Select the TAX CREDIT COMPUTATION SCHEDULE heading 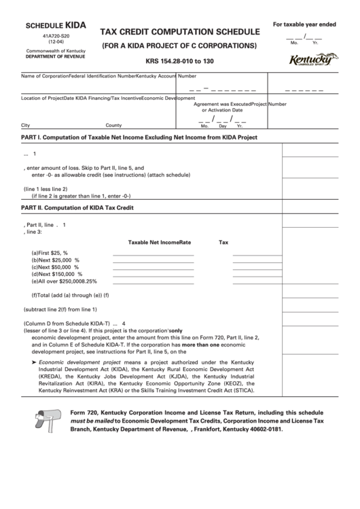[179, 32]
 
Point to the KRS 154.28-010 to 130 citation [179, 61]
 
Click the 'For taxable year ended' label [304, 24]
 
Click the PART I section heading [139, 137]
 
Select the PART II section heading [77, 207]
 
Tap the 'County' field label [113, 126]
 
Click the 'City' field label [26, 126]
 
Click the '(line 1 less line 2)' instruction [46, 188]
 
